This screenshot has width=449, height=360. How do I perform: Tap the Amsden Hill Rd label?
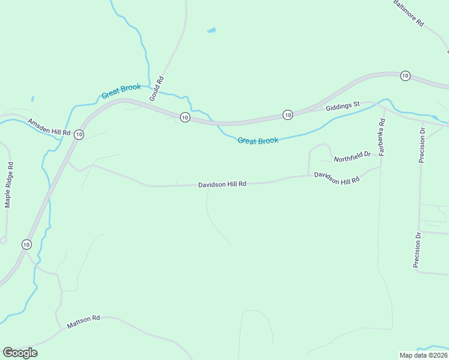coord(49,126)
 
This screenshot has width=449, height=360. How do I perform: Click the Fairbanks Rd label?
coord(382,137)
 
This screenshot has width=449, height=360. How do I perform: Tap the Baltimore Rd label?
coord(409,13)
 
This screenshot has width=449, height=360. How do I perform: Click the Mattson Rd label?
coord(83,322)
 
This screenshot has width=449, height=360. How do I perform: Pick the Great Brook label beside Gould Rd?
coord(121,91)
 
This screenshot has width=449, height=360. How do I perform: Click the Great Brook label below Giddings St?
coord(258,141)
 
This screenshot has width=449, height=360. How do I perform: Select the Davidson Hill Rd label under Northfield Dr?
coord(337,178)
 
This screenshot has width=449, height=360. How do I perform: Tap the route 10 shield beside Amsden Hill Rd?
coord(79,135)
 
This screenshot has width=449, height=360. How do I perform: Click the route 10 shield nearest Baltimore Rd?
coord(405,76)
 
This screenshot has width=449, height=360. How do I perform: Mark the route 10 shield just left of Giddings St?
coord(288,115)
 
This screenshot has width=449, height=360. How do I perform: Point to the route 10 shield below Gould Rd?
coord(185,117)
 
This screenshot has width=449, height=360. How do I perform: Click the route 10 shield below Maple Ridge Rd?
coord(26,244)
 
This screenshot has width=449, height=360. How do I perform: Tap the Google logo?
coord(20,353)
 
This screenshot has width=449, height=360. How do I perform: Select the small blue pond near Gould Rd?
coord(211,29)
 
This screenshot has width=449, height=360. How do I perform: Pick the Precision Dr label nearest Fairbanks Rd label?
coord(422,145)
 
